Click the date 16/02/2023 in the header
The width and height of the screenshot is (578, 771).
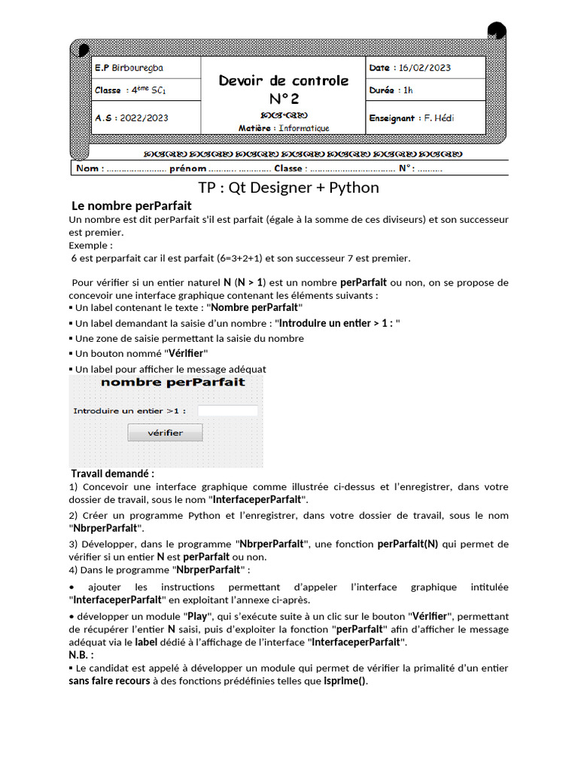424,68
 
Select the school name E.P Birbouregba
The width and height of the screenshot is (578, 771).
129,68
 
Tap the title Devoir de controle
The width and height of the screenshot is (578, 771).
284,81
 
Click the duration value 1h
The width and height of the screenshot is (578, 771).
408,90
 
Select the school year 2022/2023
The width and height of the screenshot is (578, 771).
144,118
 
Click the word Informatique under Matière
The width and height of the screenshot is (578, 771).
304,128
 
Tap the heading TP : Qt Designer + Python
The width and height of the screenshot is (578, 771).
288,187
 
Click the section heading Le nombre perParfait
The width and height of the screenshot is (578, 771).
131,206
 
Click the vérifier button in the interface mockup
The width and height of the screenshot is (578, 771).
165,432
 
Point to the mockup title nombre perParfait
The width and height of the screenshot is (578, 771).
172,382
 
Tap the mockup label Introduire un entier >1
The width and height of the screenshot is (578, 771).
129,411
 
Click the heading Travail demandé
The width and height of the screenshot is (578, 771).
112,474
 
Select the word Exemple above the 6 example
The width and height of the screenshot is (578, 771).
90,245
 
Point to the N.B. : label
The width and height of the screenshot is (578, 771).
81,655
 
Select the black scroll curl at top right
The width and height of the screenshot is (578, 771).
497,31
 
